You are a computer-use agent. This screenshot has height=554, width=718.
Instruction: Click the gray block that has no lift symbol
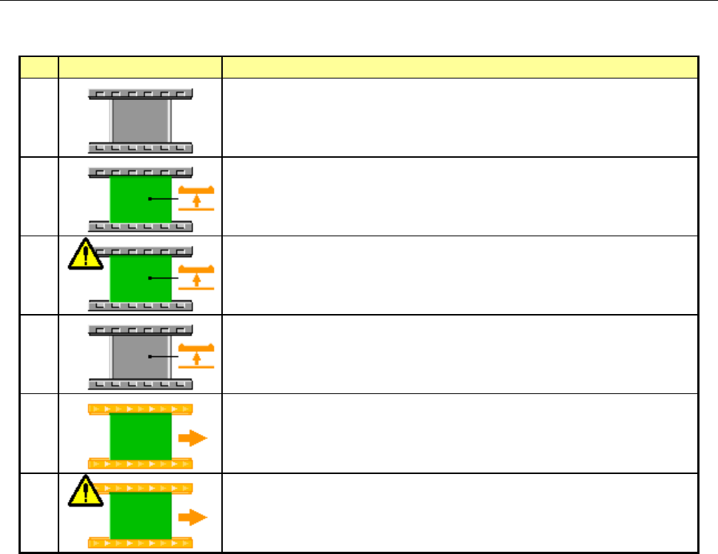point(141,121)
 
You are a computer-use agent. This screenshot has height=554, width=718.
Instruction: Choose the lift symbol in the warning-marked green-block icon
point(197,278)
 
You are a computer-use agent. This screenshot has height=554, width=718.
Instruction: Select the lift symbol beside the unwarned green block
point(197,198)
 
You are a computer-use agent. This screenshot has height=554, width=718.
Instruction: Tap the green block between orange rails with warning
point(141,517)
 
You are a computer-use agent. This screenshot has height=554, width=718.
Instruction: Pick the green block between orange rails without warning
point(141,437)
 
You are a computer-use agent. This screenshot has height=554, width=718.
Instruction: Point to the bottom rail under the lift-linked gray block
point(141,384)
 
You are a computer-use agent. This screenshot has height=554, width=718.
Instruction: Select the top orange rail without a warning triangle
point(141,409)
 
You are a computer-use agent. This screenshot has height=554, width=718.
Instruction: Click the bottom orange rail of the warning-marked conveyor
point(141,544)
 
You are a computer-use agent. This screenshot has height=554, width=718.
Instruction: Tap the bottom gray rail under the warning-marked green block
point(141,305)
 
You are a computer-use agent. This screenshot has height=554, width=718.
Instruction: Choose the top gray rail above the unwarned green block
point(141,173)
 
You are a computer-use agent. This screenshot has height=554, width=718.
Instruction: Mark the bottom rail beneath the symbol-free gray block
point(141,147)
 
